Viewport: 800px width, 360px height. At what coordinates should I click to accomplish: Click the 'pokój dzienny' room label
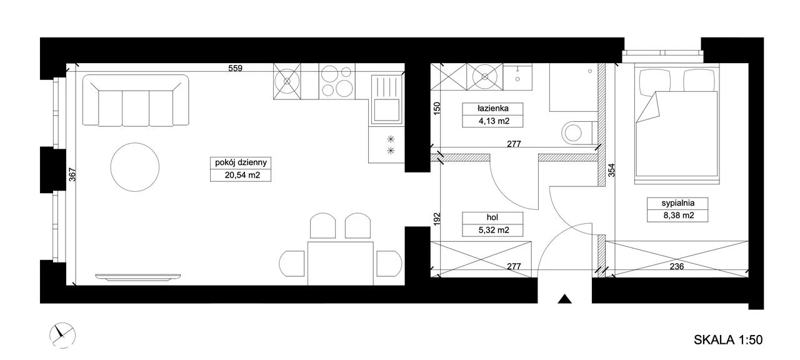[241, 163]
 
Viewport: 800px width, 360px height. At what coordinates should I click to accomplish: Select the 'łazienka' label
[493, 108]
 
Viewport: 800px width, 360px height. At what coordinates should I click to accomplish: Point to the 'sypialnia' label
[678, 203]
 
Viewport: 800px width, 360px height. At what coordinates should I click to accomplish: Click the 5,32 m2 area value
[494, 230]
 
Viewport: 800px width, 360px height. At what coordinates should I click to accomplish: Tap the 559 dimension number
[236, 68]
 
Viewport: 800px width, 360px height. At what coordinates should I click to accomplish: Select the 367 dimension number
[72, 174]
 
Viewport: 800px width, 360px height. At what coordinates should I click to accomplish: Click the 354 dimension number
[611, 171]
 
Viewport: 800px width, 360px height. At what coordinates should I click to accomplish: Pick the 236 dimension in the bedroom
[677, 266]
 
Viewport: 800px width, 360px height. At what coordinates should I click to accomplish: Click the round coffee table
[134, 167]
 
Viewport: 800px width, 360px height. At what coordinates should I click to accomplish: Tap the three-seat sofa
[136, 101]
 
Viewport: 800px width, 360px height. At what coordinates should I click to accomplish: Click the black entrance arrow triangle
[564, 299]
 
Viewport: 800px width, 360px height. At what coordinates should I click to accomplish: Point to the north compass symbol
[62, 336]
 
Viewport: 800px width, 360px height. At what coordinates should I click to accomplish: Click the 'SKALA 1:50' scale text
[728, 339]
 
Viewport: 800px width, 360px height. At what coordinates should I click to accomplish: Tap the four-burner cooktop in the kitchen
[337, 81]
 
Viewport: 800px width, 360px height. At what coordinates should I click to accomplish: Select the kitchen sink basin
[386, 110]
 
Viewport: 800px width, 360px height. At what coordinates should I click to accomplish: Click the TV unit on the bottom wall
[138, 277]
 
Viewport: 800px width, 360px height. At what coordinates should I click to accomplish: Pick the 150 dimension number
[437, 108]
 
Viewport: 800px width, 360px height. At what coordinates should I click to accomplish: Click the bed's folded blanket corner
[649, 107]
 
